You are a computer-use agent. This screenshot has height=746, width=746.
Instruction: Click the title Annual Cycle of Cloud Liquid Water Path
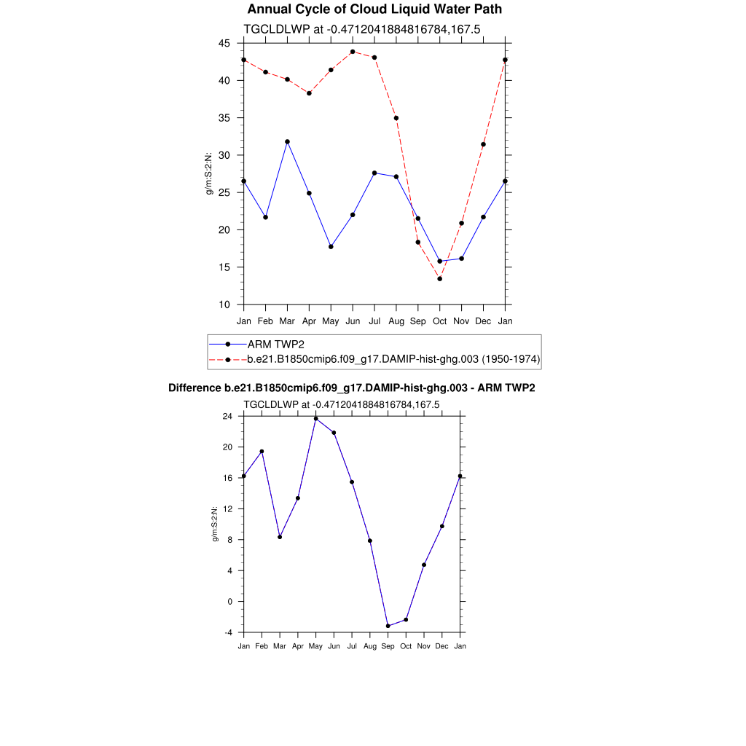pos(374,9)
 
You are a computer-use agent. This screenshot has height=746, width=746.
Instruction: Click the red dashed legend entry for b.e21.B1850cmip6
pos(393,359)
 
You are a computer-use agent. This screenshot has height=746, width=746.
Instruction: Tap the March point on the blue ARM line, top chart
pos(287,141)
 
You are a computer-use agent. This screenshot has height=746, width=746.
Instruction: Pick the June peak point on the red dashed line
pos(353,52)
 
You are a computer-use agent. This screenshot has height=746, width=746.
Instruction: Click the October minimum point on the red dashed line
pos(439,279)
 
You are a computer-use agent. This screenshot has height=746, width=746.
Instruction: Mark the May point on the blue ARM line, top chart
pos(331,247)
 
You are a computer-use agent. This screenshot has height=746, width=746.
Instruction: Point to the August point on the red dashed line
pos(396,118)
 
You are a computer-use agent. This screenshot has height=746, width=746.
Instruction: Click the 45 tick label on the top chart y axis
pos(224,43)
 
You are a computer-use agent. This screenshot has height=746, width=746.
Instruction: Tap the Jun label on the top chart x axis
pos(353,321)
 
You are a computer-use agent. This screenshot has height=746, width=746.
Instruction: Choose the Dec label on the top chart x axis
pos(483,321)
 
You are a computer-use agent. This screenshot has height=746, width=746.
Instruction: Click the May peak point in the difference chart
pos(315,418)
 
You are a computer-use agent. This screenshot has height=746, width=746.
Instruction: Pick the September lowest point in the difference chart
pos(388,626)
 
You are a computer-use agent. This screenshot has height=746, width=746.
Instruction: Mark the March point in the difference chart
pos(280,537)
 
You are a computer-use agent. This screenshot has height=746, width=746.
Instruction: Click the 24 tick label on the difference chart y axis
pos(227,416)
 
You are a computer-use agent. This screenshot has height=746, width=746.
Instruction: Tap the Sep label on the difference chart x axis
pos(388,646)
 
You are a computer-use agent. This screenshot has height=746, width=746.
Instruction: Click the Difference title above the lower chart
pos(352,388)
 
